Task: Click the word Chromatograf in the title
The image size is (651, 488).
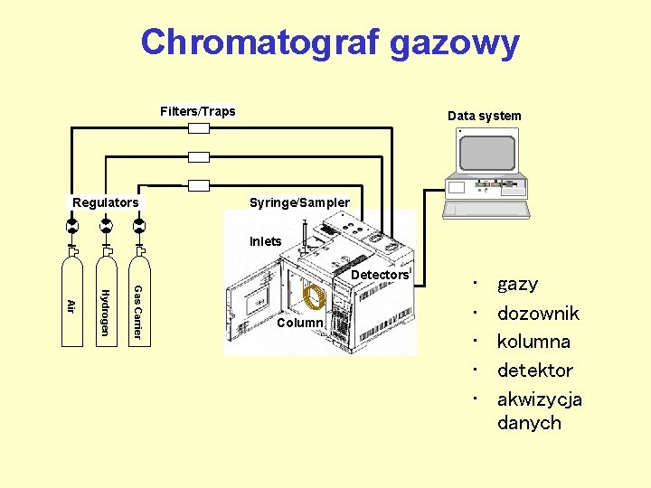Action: [263, 42]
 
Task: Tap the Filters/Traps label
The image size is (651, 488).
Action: [197, 111]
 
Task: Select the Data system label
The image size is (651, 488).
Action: [484, 116]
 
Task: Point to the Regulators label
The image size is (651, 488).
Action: [106, 202]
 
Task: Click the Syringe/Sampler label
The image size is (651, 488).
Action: [299, 202]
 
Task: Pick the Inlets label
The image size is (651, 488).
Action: [266, 241]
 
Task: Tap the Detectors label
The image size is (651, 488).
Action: [379, 275]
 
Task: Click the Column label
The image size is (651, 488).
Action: [300, 323]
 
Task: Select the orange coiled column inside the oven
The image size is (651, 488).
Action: [313, 297]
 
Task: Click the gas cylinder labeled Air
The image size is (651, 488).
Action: [71, 304]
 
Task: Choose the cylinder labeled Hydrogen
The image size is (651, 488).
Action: [105, 304]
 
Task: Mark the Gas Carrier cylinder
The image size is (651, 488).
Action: [138, 304]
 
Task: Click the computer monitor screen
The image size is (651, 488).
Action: [487, 153]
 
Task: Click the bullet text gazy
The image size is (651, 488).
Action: [517, 284]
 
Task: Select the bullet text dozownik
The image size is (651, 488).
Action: [538, 314]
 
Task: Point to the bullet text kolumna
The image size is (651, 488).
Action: [533, 342]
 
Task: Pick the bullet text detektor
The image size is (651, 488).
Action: [534, 371]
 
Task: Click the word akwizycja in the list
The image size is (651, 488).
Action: [539, 399]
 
